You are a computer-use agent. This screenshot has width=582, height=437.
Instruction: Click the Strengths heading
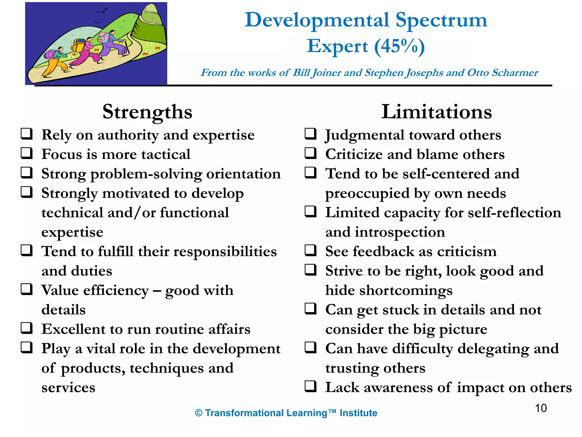pos(147,112)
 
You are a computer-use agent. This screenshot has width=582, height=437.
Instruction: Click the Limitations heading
pos(436,112)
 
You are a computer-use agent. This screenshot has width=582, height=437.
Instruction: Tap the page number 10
pos(541,408)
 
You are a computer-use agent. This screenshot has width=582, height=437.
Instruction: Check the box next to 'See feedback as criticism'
pos(310,250)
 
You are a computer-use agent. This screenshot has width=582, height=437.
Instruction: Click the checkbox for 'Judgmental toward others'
pos(310,134)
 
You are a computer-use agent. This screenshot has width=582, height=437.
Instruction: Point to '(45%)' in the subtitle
pos(399,46)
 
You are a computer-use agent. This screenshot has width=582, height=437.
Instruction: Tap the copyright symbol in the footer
pos(199,413)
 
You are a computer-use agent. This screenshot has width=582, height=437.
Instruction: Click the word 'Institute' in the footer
pos(358,413)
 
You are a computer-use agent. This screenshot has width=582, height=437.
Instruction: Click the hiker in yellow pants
pos(55,61)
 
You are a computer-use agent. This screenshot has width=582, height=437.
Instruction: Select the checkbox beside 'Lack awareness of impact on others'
pos(310,386)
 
